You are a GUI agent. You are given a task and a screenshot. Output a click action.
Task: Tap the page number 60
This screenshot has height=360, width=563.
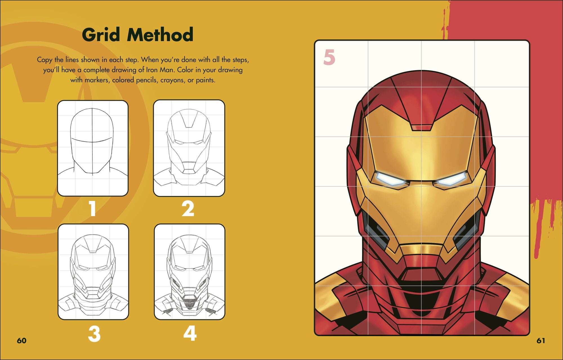(x=21, y=341)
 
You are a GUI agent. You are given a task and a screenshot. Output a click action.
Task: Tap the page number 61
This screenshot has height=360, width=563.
(x=541, y=341)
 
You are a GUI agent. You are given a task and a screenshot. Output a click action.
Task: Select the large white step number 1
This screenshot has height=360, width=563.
(x=93, y=209)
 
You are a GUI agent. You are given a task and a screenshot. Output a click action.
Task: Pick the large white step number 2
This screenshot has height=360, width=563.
(x=188, y=209)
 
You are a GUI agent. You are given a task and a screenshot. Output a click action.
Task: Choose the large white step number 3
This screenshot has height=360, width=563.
(x=94, y=334)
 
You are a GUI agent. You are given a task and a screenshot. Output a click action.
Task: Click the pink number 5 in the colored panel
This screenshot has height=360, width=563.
(x=329, y=57)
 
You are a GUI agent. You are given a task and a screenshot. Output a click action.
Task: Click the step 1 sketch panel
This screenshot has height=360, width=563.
(x=93, y=148)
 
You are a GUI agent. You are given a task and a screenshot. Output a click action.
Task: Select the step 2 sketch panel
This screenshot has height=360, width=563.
(x=189, y=148)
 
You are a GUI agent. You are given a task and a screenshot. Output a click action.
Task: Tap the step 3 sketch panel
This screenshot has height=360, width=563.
(x=93, y=272)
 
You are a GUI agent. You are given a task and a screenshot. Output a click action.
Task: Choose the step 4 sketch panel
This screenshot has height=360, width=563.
(x=189, y=272)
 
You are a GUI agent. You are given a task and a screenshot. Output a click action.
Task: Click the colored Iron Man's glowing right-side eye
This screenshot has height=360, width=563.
(x=451, y=179)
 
